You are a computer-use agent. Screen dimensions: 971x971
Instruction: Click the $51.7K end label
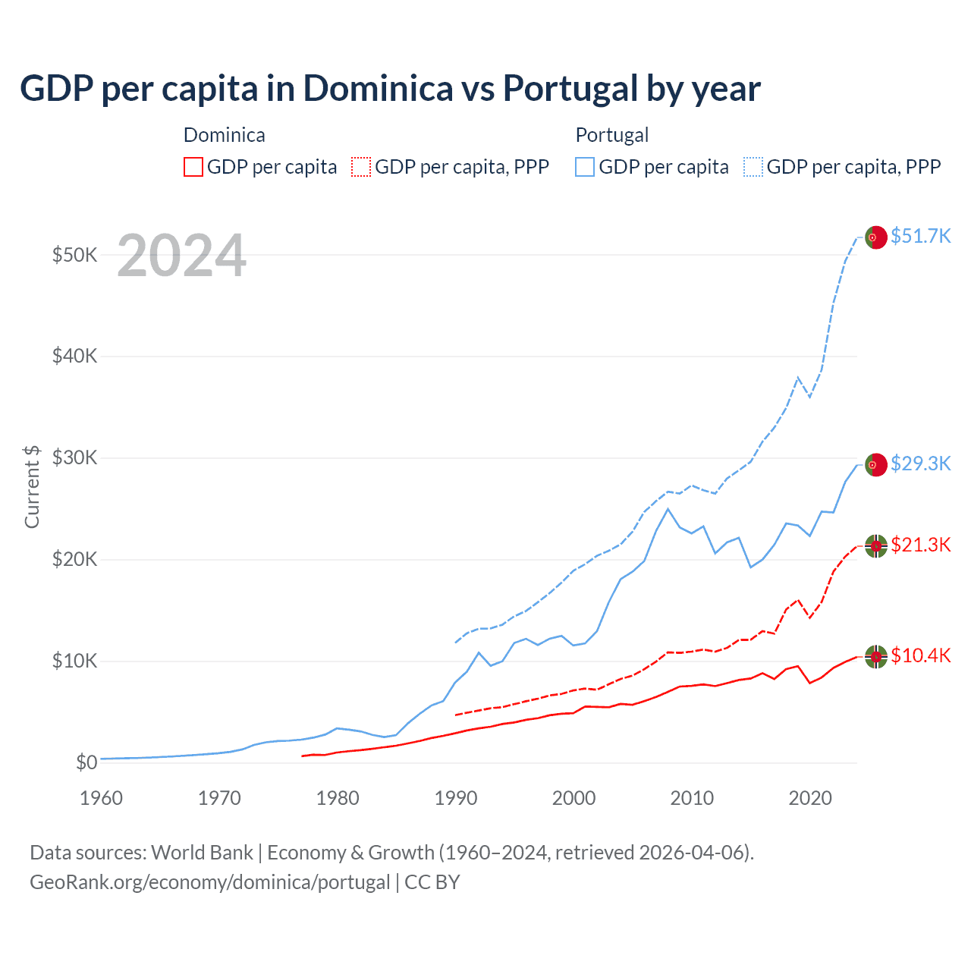tap(920, 237)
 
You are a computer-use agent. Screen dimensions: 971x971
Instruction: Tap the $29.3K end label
tap(920, 464)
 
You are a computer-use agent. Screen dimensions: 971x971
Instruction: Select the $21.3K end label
tap(920, 545)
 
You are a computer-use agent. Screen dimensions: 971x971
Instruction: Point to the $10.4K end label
tap(920, 655)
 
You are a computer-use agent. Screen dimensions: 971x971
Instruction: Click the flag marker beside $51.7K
tap(876, 237)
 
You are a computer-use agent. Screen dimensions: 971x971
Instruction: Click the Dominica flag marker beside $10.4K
tap(876, 656)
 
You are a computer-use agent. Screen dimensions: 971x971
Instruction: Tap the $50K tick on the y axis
tap(74, 255)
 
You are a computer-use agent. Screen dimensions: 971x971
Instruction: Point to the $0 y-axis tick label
tap(86, 762)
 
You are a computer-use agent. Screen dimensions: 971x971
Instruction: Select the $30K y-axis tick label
tap(74, 458)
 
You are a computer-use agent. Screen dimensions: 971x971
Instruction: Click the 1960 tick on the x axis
tap(101, 798)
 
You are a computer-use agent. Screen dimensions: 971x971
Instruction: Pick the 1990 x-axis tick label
tap(456, 798)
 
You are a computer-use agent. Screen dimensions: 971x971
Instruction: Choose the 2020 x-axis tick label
tap(810, 798)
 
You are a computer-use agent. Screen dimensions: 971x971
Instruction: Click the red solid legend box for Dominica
tap(193, 167)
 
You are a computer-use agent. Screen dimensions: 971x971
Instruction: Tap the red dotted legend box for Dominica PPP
tap(361, 167)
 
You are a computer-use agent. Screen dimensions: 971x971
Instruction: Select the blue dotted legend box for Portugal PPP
tap(753, 167)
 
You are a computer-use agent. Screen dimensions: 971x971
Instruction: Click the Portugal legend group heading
tap(611, 135)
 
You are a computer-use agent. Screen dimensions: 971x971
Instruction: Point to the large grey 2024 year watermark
tap(181, 256)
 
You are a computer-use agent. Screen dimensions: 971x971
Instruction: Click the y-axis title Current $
tap(32, 486)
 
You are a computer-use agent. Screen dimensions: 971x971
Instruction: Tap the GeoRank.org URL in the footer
tap(209, 882)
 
